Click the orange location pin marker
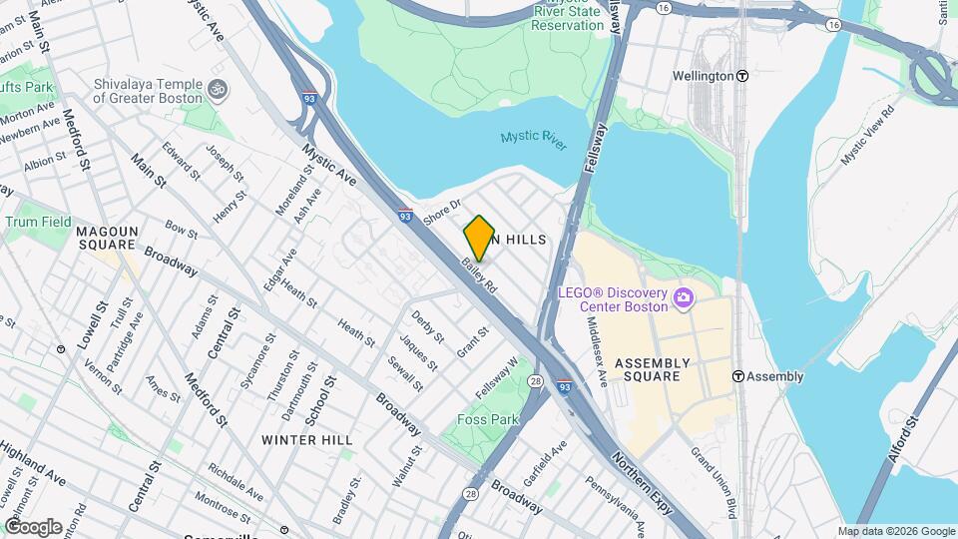tap(479, 238)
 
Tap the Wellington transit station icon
tap(742, 76)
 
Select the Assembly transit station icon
tap(738, 376)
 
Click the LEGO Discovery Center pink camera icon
tap(684, 297)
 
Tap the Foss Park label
tap(488, 420)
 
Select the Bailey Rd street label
tap(479, 275)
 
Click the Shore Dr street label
tap(441, 211)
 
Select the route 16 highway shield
tap(665, 7)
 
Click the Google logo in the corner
tap(33, 526)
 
